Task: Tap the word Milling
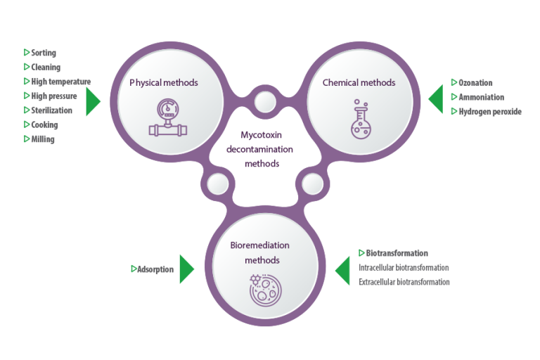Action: pos(43,139)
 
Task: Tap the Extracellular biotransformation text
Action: pos(404,282)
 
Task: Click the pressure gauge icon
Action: pos(168,117)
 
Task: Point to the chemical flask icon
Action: pos(361,119)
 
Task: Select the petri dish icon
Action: pos(265,290)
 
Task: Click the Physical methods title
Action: pos(164,83)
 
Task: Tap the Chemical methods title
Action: pos(359,83)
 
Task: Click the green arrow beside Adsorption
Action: pos(186,269)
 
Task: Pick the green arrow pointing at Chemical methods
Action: pos(436,99)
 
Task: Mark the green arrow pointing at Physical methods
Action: pos(93,102)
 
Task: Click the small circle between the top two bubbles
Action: pos(265,102)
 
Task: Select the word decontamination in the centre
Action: pos(259,149)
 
